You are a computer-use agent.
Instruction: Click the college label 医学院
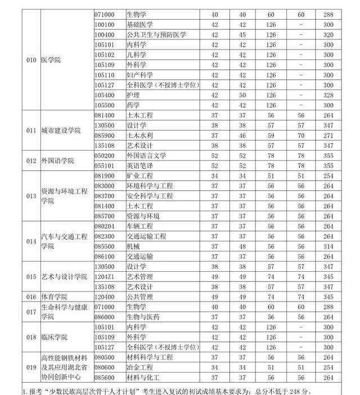[51, 60]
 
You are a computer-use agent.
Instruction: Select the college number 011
[31, 131]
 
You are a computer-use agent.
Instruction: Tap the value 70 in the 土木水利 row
[301, 136]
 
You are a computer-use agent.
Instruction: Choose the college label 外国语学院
[58, 160]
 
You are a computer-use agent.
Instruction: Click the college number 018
[31, 337]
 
